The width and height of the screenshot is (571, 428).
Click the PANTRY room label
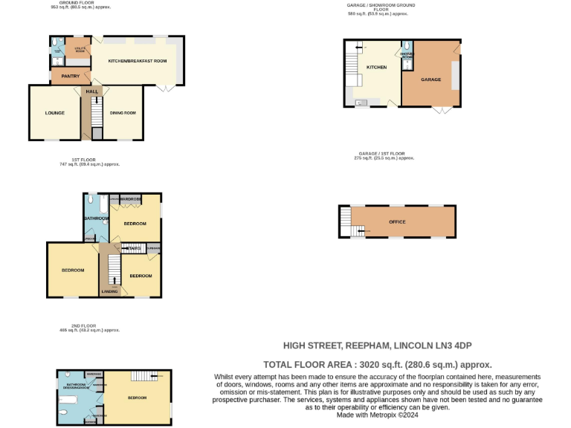[71, 76]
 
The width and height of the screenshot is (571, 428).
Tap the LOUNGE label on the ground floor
[54, 113]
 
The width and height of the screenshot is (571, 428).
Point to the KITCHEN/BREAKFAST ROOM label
[137, 60]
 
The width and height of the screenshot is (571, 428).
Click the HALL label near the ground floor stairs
[92, 91]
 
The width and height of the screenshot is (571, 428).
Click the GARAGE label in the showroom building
[430, 80]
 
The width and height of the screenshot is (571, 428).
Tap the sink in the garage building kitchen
[361, 103]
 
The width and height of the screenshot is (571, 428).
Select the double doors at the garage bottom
[442, 110]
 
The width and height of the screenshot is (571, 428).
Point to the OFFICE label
[397, 221]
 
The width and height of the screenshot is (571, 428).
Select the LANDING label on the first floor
[109, 291]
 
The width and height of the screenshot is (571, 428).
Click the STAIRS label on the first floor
[134, 248]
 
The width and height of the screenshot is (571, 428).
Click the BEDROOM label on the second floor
[138, 398]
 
